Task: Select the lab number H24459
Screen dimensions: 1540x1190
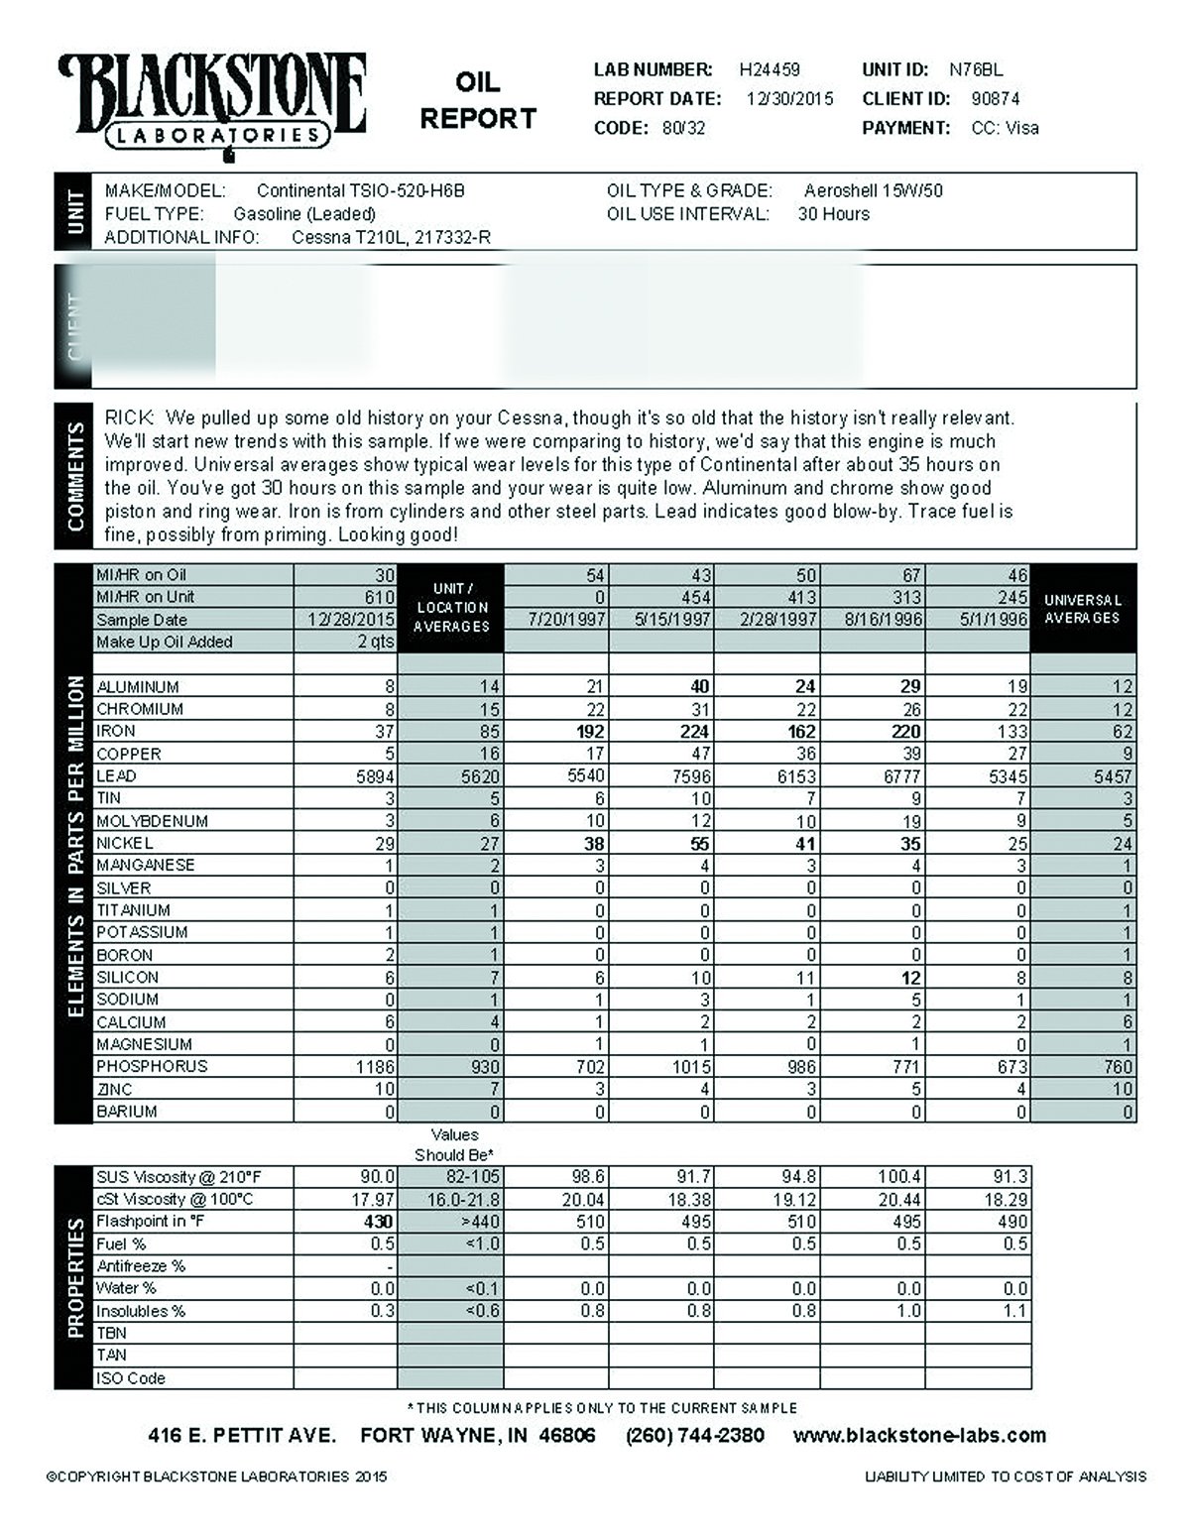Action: [770, 70]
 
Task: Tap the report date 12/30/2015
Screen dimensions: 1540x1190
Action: [789, 99]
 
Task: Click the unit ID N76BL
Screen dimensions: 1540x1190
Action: [976, 70]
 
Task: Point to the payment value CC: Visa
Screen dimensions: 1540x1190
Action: [1005, 128]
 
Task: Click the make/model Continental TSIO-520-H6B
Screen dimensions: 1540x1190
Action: [361, 190]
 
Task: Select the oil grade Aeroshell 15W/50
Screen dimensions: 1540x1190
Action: [873, 190]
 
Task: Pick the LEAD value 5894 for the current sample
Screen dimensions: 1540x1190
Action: [375, 776]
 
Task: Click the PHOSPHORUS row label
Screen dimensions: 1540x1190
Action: [152, 1067]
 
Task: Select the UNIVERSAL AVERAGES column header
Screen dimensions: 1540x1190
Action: [1082, 609]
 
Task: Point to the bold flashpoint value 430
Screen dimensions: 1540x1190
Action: [378, 1222]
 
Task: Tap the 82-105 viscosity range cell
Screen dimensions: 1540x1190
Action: [465, 1177]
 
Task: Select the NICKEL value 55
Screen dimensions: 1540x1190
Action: [699, 844]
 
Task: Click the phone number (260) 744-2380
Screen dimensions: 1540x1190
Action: [694, 1436]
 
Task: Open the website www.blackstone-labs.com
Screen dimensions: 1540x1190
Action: [919, 1436]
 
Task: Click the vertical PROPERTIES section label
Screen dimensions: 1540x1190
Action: [74, 1278]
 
